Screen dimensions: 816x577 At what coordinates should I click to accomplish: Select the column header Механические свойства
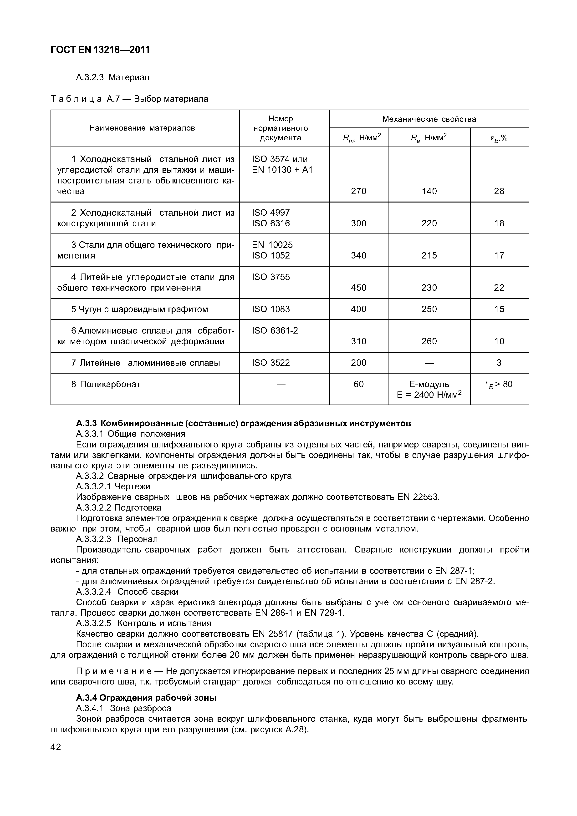[x=429, y=119]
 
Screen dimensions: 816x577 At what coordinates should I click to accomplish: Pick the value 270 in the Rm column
[x=358, y=191]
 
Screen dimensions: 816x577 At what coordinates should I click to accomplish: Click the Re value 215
[x=429, y=256]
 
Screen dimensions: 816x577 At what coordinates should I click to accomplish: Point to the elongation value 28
[x=499, y=191]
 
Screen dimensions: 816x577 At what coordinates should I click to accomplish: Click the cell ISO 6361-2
[x=275, y=330]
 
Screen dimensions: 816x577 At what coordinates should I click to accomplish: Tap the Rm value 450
[x=358, y=288]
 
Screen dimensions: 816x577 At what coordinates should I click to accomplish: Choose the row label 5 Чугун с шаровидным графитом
[x=139, y=309]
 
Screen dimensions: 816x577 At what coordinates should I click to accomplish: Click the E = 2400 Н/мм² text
[x=429, y=395]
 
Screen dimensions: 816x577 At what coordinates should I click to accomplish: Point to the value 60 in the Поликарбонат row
[x=358, y=384]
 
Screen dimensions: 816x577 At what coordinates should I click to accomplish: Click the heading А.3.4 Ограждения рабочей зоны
[x=146, y=698]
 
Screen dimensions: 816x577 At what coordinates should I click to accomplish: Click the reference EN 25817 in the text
[x=272, y=634]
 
